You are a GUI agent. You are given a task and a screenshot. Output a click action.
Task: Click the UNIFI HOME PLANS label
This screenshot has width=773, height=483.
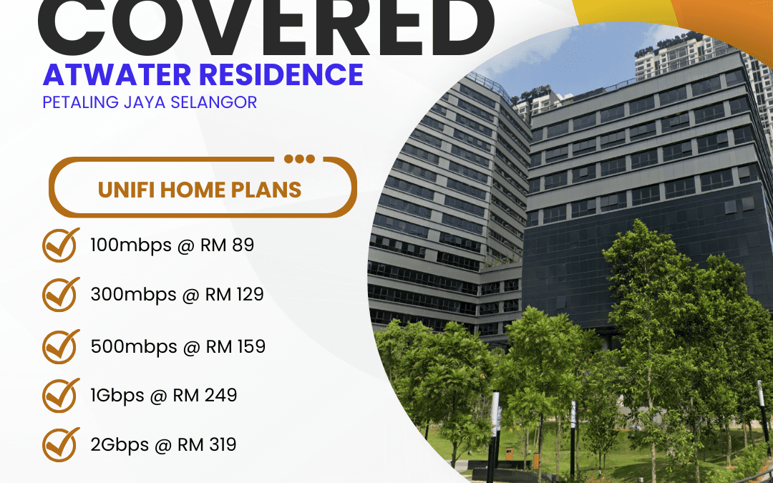pos(200,190)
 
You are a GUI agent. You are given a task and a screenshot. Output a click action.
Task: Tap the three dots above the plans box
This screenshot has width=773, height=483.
pos(299,159)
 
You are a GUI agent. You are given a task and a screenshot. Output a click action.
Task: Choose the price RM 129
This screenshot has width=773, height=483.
pos(234,294)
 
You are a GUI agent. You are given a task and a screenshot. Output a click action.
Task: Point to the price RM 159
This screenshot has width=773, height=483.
pos(235,346)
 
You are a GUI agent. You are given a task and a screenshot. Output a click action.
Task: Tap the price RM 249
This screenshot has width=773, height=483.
pos(205,394)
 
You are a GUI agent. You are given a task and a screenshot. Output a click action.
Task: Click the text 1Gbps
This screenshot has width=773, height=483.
pos(115,395)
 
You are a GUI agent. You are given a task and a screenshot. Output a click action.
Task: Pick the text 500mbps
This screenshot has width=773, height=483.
pos(133,346)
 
